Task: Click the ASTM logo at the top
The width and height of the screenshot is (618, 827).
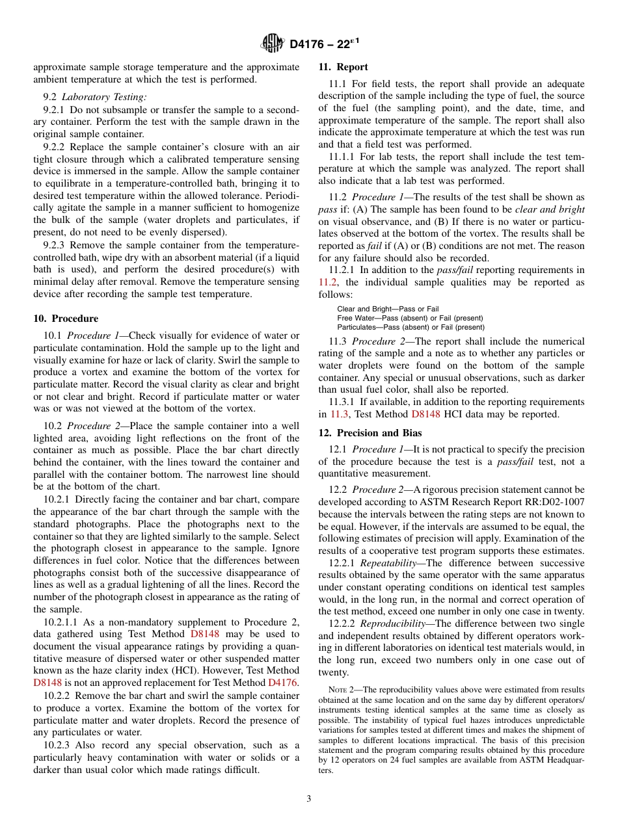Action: click(272, 44)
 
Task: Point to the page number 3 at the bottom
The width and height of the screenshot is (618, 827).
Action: click(309, 798)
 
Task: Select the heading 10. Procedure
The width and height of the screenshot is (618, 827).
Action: click(66, 319)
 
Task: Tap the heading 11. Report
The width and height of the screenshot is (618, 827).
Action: click(343, 67)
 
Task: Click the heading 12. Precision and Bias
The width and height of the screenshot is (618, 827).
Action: click(369, 433)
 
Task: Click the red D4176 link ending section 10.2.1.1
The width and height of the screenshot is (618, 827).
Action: click(282, 683)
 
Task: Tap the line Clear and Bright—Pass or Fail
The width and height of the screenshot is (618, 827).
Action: click(388, 309)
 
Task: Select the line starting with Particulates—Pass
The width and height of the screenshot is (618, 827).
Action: click(410, 327)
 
